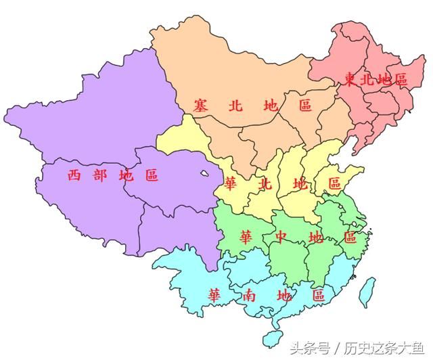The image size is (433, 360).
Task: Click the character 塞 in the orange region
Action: (x=200, y=106)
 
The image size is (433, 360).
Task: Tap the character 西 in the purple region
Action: (x=75, y=175)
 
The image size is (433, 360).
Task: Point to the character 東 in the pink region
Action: (x=350, y=80)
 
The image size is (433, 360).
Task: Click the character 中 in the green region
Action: (x=281, y=238)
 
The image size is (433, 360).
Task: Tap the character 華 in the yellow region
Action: (x=231, y=184)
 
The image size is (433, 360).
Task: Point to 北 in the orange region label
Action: (x=235, y=106)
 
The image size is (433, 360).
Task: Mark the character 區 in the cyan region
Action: (x=318, y=295)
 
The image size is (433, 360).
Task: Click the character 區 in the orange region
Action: (x=305, y=106)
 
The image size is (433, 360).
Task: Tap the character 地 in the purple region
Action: (x=126, y=175)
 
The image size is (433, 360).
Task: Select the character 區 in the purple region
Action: (x=152, y=175)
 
